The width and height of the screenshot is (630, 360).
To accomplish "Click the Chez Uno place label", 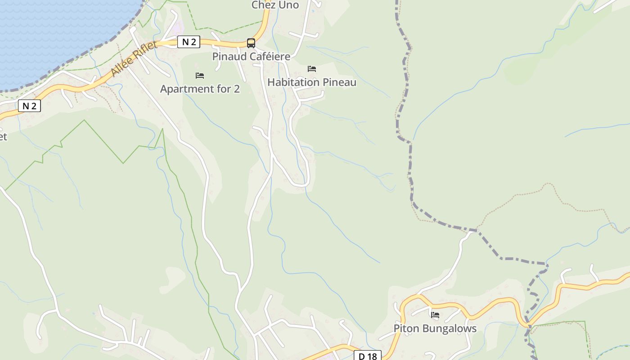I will pos(275,5).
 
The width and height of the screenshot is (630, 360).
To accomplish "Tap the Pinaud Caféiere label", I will pos(251,57).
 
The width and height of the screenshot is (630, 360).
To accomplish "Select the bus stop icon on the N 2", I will pos(251,43).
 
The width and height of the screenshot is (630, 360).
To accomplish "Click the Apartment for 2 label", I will pos(200,89).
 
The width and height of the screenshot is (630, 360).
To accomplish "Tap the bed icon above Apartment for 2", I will pos(200,76).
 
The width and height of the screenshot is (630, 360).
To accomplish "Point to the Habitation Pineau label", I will pos(312,82).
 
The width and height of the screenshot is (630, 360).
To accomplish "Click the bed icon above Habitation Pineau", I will pos(312,69).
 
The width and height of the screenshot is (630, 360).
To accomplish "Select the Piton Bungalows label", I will pos(435,328).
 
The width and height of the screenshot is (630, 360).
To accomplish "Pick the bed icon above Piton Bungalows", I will pos(435,315).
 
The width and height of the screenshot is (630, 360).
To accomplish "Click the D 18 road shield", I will pos(367,356).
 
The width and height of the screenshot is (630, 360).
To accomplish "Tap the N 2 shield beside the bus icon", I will pos(189,42).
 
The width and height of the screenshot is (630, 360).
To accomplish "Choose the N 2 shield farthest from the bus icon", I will pos(29,106).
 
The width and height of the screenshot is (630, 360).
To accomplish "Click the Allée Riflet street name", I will pos(134,59).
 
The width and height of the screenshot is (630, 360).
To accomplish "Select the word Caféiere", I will pos(270,57).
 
